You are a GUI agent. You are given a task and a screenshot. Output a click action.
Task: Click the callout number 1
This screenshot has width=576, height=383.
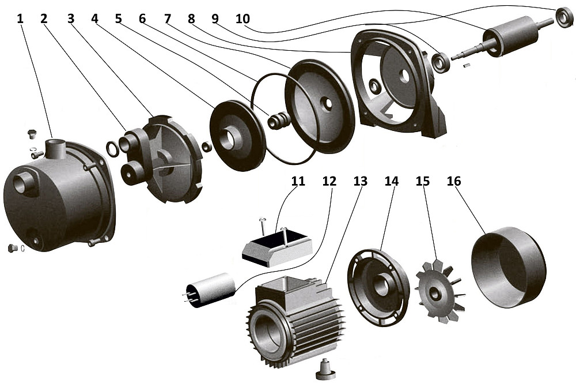[x=20, y=18]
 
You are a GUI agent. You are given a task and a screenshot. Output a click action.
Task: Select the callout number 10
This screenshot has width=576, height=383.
[x=243, y=18]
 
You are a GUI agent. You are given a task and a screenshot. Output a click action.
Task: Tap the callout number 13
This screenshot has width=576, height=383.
[x=360, y=181]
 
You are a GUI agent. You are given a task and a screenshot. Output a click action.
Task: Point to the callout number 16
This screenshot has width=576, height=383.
[x=454, y=181]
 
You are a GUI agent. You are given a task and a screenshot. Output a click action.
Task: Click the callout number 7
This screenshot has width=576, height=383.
[x=168, y=18]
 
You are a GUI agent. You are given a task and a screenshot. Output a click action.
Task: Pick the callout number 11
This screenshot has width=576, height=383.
[x=298, y=181]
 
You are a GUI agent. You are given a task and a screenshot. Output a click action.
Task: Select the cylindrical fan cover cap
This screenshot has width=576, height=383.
[x=508, y=262]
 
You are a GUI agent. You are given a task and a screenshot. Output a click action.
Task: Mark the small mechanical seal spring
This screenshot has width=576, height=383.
[x=281, y=121]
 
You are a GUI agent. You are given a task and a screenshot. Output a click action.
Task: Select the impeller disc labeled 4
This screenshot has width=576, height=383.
[x=237, y=136]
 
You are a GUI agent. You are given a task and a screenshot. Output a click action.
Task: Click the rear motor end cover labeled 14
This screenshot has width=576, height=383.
[x=378, y=284]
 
